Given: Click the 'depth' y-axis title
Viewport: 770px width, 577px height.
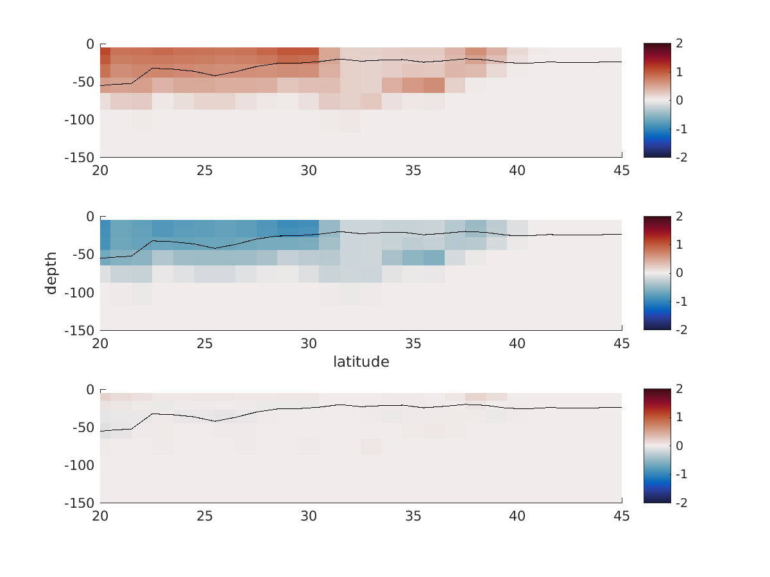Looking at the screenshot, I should click(51, 273).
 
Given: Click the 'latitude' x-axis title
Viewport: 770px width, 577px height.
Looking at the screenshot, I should click(361, 362).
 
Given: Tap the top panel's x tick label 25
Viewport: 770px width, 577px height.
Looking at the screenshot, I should click(205, 171).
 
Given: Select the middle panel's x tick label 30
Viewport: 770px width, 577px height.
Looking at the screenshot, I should click(309, 344).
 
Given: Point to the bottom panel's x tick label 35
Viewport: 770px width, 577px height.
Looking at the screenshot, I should click(413, 516).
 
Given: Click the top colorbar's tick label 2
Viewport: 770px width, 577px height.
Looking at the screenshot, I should click(678, 44).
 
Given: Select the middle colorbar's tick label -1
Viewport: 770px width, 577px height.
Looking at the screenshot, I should click(681, 301).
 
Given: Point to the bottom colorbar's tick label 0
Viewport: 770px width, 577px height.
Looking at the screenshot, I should click(678, 446).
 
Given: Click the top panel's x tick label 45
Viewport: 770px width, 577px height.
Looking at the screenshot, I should click(622, 171).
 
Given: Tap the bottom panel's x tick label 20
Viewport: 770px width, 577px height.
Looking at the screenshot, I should click(100, 516).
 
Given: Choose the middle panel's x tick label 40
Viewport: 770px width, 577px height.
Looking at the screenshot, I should click(517, 344).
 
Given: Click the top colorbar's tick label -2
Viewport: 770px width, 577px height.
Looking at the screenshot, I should click(681, 157).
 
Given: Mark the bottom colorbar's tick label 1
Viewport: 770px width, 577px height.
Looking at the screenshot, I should click(678, 418).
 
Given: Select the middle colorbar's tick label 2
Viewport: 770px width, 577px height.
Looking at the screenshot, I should click(678, 217).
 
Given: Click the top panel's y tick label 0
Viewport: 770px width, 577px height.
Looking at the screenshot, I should click(90, 44).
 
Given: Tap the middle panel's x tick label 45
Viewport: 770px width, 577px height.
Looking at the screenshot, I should click(622, 344).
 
